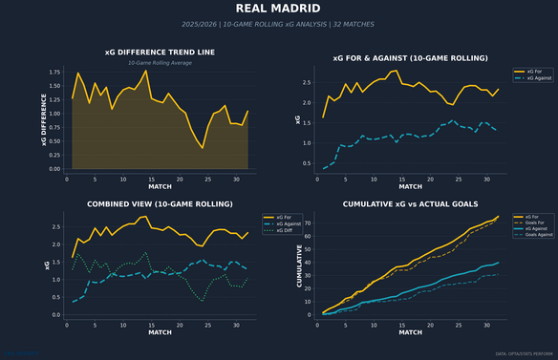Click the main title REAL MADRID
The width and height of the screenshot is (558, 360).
click(x=279, y=10)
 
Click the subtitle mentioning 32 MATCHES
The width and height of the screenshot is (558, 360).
click(x=279, y=24)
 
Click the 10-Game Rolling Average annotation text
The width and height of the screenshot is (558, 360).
click(x=160, y=63)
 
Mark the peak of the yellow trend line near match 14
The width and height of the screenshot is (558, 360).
click(x=146, y=71)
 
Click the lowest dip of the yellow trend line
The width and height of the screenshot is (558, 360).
click(x=202, y=148)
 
